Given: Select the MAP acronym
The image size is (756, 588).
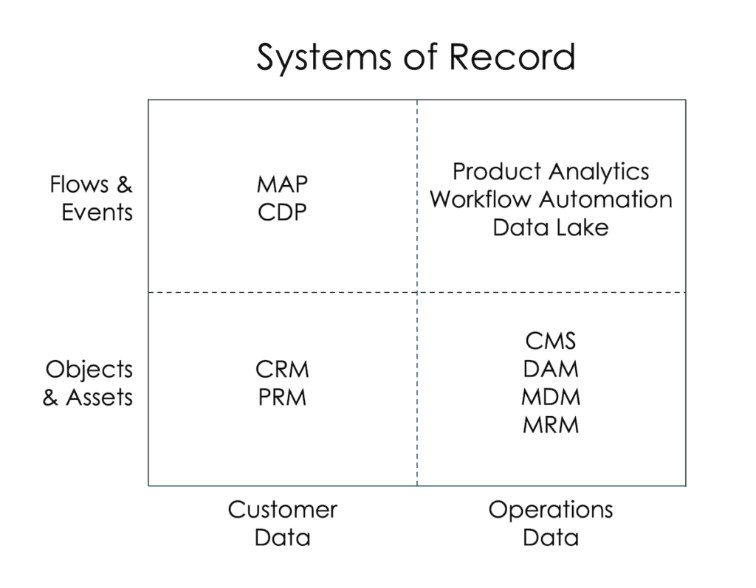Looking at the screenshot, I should (282, 184).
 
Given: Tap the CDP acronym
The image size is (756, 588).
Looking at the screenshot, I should (282, 212).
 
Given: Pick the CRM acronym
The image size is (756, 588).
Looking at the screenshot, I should (282, 369).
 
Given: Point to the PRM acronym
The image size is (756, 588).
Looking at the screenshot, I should (282, 398).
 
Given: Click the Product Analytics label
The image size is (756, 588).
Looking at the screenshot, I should (551, 172).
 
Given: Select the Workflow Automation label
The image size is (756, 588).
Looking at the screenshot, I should (551, 199).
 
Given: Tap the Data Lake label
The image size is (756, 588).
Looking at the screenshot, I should (551, 227).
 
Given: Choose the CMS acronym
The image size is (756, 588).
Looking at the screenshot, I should (551, 341).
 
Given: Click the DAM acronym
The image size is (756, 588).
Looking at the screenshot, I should (551, 369).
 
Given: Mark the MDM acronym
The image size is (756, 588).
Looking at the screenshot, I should (551, 397).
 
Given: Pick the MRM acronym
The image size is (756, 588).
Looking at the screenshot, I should (551, 425).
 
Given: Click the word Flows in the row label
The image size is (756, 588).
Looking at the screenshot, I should (80, 184).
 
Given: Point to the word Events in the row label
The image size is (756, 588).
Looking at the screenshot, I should (97, 212).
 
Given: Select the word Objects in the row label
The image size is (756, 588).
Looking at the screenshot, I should (89, 369).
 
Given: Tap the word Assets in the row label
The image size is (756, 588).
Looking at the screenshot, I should (100, 398).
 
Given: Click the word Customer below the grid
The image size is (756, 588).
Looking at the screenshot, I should (282, 510).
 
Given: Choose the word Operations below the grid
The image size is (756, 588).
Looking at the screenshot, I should (551, 510).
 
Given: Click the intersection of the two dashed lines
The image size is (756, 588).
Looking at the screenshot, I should (417, 293).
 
